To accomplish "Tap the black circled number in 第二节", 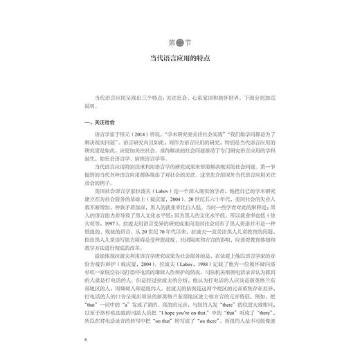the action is [180, 37].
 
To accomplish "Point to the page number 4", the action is [84, 340].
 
